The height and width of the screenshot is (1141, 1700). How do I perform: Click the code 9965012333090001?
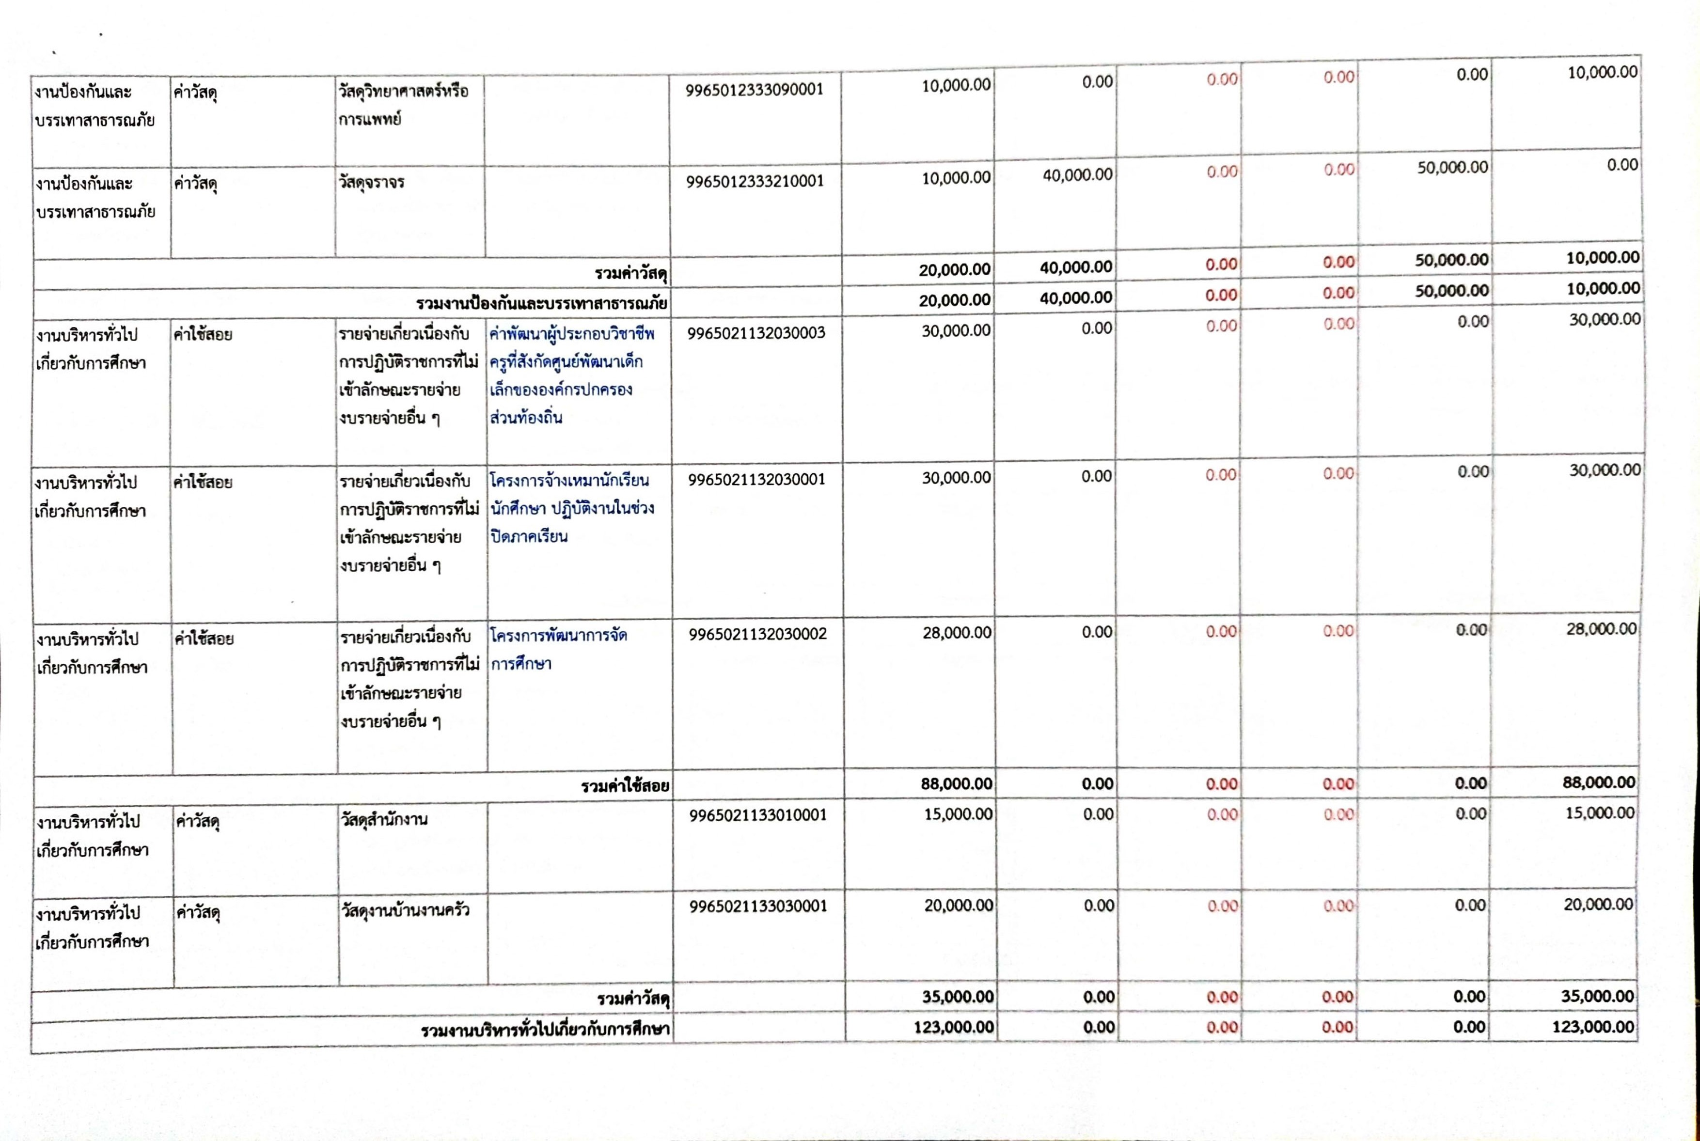755,90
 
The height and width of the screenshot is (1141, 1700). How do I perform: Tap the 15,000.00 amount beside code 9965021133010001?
958,814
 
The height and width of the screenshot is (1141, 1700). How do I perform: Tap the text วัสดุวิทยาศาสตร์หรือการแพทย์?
402,105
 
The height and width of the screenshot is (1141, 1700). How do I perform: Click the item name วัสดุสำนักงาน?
383,819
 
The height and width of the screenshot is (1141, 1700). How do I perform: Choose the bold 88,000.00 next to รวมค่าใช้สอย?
956,784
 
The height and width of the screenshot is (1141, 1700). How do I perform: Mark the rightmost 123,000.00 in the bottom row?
1597,1027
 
